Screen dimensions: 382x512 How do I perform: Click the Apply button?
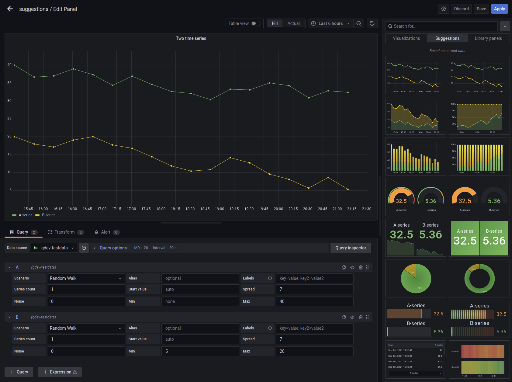(x=499, y=9)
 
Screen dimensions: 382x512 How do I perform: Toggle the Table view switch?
(x=256, y=23)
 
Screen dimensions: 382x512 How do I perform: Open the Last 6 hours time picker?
(x=330, y=23)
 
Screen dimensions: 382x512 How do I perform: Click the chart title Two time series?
(x=191, y=38)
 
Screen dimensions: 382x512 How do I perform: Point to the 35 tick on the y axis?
(x=9, y=83)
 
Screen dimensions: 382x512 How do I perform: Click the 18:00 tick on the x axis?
(x=161, y=209)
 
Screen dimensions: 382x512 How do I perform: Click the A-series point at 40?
(x=15, y=65)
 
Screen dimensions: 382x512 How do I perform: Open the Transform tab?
(x=64, y=232)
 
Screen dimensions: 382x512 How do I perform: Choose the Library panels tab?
(x=488, y=38)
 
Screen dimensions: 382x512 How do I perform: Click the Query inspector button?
(x=351, y=248)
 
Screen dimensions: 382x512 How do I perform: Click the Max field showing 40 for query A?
(x=314, y=301)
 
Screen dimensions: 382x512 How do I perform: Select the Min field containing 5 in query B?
(x=200, y=351)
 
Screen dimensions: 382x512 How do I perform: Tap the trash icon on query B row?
(x=361, y=317)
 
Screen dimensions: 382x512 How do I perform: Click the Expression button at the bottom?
(x=60, y=372)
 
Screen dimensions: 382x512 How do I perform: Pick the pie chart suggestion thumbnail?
(x=416, y=278)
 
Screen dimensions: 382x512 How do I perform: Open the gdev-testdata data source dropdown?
(x=54, y=248)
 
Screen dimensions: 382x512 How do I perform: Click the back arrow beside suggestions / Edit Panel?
(x=10, y=9)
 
